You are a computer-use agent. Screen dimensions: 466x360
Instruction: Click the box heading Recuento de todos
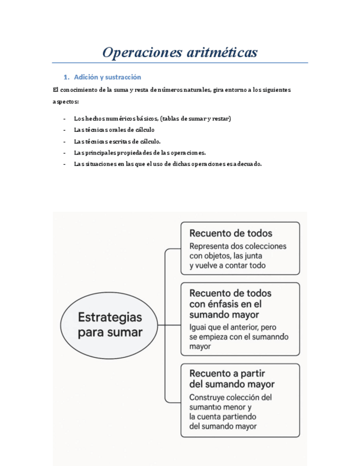click(230, 233)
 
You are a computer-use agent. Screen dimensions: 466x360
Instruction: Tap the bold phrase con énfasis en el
click(225, 304)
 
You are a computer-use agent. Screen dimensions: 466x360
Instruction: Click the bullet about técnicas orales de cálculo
click(114, 130)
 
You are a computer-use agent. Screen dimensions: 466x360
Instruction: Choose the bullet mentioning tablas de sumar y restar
click(152, 119)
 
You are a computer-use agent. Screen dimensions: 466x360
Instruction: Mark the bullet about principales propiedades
click(140, 152)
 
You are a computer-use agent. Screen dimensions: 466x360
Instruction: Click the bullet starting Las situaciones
click(168, 164)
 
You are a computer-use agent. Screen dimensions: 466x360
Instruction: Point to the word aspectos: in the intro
click(65, 102)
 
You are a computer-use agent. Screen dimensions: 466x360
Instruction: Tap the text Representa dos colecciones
click(237, 246)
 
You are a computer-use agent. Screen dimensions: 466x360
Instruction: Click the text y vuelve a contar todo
click(227, 265)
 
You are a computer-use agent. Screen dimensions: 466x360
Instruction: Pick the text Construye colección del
click(230, 397)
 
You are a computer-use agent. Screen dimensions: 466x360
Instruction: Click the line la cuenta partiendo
click(221, 417)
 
